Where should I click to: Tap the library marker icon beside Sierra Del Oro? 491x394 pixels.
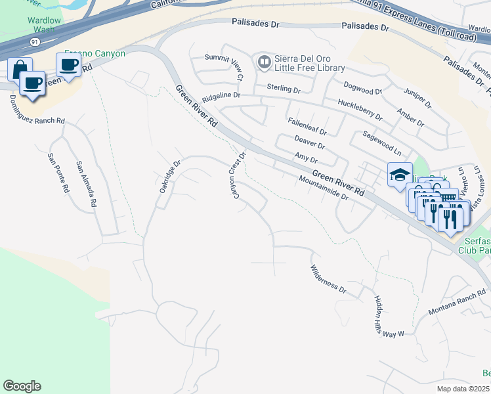[265, 62]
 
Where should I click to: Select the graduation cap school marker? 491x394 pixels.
[400, 175]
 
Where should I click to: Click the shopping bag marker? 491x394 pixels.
[20, 69]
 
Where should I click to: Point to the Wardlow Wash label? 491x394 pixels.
[44, 25]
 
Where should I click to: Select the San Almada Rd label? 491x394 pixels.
[86, 185]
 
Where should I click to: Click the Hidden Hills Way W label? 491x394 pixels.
[388, 317]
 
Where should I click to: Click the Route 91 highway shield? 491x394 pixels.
[33, 41]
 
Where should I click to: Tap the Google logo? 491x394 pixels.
[22, 385]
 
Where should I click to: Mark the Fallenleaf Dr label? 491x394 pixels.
[307, 127]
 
